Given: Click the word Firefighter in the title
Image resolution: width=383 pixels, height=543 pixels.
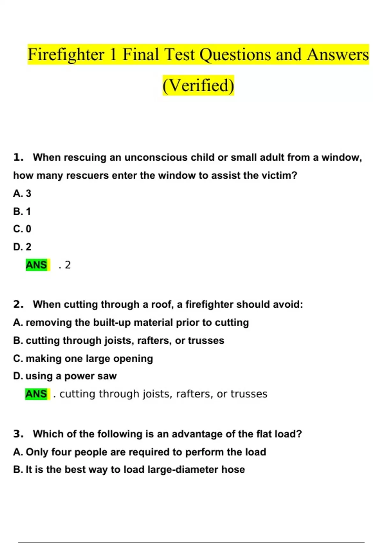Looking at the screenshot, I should [66, 55].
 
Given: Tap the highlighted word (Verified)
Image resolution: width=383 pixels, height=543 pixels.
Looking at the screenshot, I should [198, 85].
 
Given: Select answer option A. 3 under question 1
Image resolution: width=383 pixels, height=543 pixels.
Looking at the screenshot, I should [22, 193].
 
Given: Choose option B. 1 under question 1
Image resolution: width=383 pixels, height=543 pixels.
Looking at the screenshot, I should [22, 211].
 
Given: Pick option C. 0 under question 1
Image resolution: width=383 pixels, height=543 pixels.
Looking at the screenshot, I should [22, 229].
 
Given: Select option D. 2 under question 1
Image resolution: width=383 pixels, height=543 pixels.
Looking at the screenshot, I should [22, 247].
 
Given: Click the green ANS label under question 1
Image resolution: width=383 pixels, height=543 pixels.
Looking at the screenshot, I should [36, 265].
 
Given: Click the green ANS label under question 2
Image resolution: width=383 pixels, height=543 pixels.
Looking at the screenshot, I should [36, 394].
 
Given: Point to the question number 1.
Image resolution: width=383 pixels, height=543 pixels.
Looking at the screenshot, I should [18, 157].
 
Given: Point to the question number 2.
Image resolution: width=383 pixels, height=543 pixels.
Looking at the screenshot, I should [18, 304].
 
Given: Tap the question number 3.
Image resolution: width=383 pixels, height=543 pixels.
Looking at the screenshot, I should [18, 434].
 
